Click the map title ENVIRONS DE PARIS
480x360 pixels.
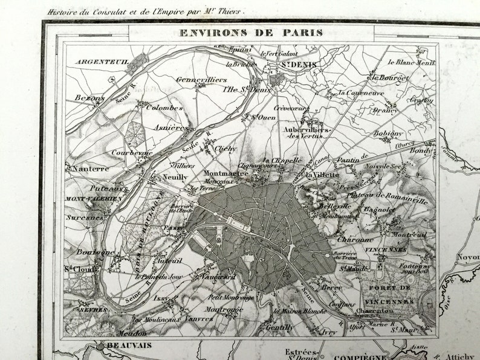tap(251, 33)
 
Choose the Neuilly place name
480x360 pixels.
tap(175, 178)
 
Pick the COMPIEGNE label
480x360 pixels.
tap(360, 356)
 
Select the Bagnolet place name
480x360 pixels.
tap(380, 210)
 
